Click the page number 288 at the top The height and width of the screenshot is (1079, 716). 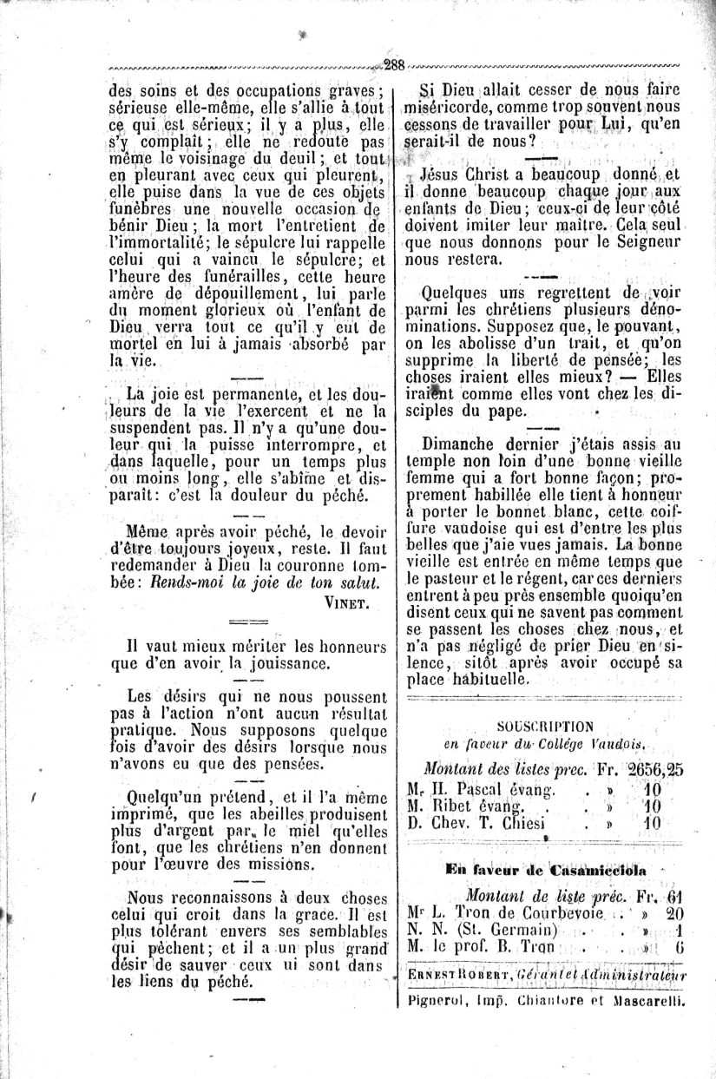395,65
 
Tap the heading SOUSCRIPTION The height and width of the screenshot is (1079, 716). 545,727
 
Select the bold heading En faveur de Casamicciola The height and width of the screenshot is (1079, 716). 546,870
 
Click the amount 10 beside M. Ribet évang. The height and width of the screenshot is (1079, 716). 652,806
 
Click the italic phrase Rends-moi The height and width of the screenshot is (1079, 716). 185,582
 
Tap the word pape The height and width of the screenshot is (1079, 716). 506,411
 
